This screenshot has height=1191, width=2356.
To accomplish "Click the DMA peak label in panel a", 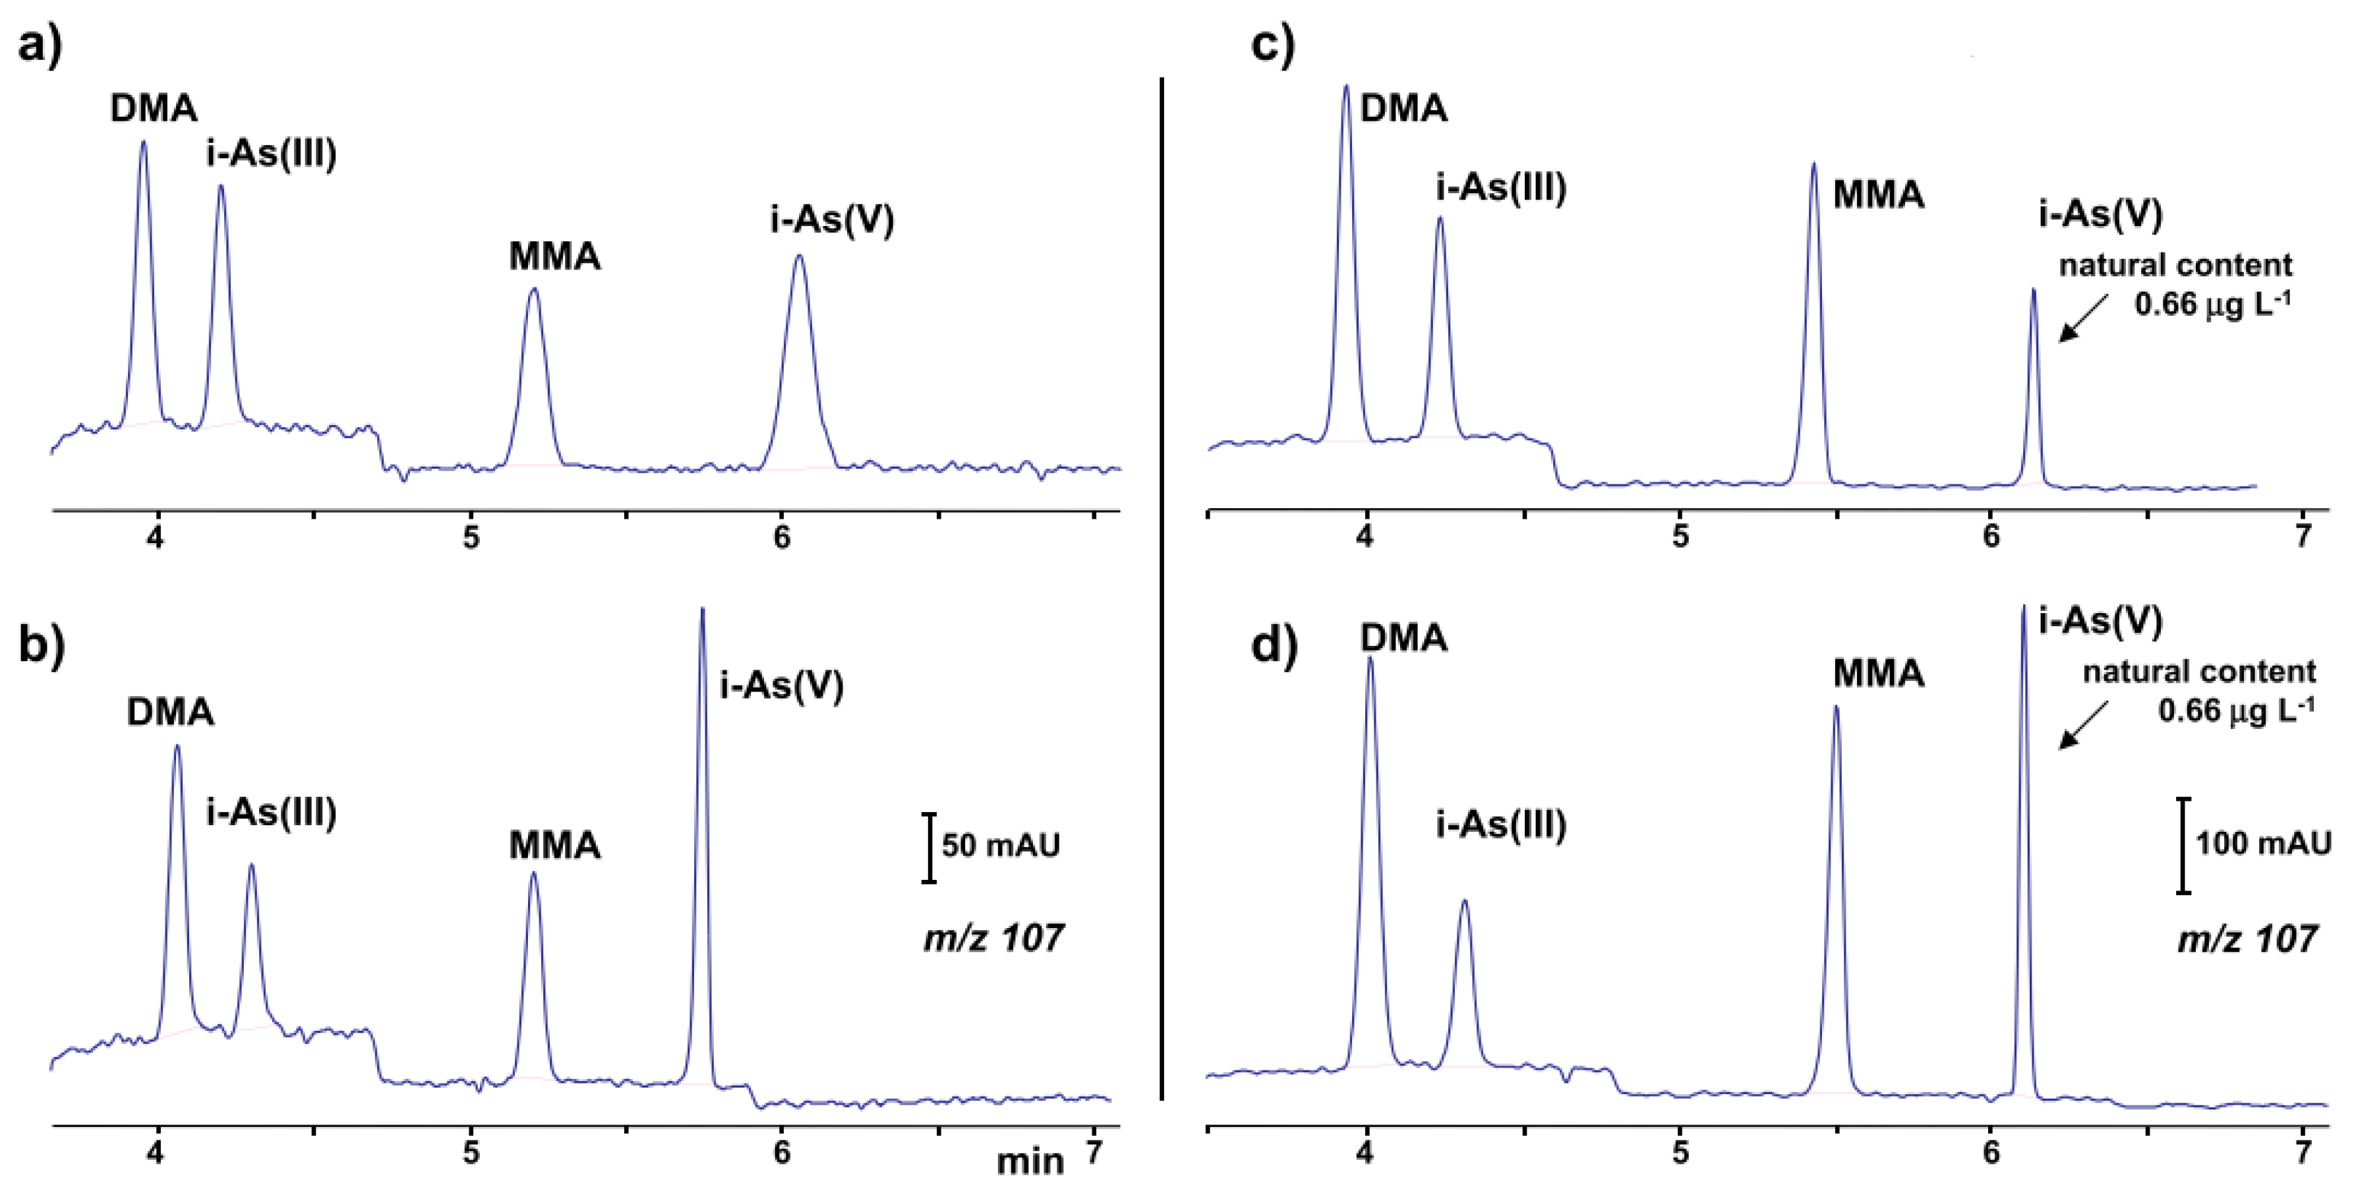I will tap(154, 109).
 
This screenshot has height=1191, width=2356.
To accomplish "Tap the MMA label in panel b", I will tap(554, 845).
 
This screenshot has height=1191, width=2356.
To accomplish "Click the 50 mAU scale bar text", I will tap(1001, 845).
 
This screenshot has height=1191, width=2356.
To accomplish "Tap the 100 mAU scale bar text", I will tap(2262, 842).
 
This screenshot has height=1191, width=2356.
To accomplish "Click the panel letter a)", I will tap(40, 44).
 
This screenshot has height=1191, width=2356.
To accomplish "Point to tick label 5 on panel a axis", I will tap(470, 538).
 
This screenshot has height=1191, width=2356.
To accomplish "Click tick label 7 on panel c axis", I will tap(2304, 536).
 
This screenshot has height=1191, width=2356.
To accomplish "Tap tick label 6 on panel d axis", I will tap(1991, 1153).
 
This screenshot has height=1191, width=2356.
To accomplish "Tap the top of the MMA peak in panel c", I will tap(1813, 165).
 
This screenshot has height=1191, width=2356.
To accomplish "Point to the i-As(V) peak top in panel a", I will tap(798, 256).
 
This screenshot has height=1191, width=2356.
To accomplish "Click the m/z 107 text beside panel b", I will tap(993, 939).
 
